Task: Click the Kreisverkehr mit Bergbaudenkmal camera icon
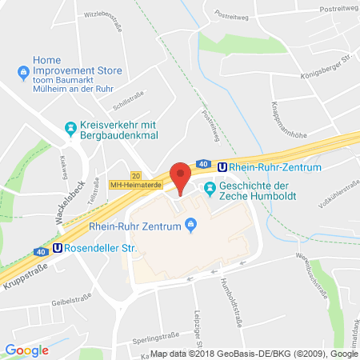70,127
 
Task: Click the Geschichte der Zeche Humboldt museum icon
210,189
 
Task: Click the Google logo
27,350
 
